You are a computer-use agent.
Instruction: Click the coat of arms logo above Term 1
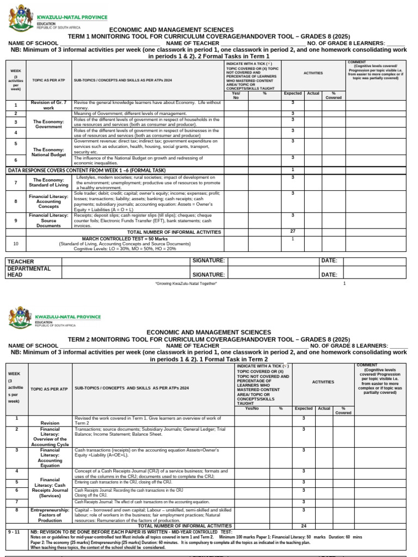[x=21, y=19]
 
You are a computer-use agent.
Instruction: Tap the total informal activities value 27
[x=293, y=232]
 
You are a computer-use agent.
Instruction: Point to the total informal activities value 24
[x=303, y=526]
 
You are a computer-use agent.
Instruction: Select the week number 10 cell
[x=16, y=244]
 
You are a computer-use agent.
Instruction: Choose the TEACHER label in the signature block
[x=20, y=262]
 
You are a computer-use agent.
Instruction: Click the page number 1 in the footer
[x=344, y=283]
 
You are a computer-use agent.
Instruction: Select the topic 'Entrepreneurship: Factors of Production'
[x=50, y=515]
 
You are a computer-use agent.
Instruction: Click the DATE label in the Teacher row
[x=329, y=261]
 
